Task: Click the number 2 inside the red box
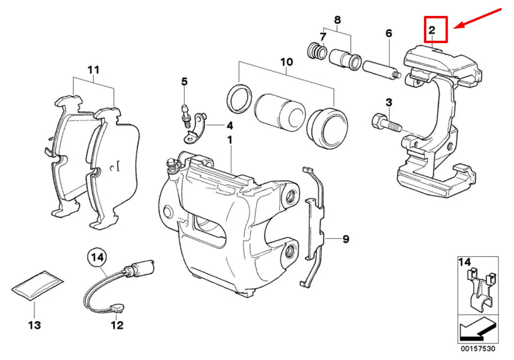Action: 431,30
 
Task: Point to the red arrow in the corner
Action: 481,19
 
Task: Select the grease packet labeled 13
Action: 37,284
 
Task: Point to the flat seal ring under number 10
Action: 238,99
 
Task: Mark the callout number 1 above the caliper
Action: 230,140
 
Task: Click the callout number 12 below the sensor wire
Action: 117,325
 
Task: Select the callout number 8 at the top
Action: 337,20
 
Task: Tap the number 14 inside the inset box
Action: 465,262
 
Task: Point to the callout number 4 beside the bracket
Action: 229,126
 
